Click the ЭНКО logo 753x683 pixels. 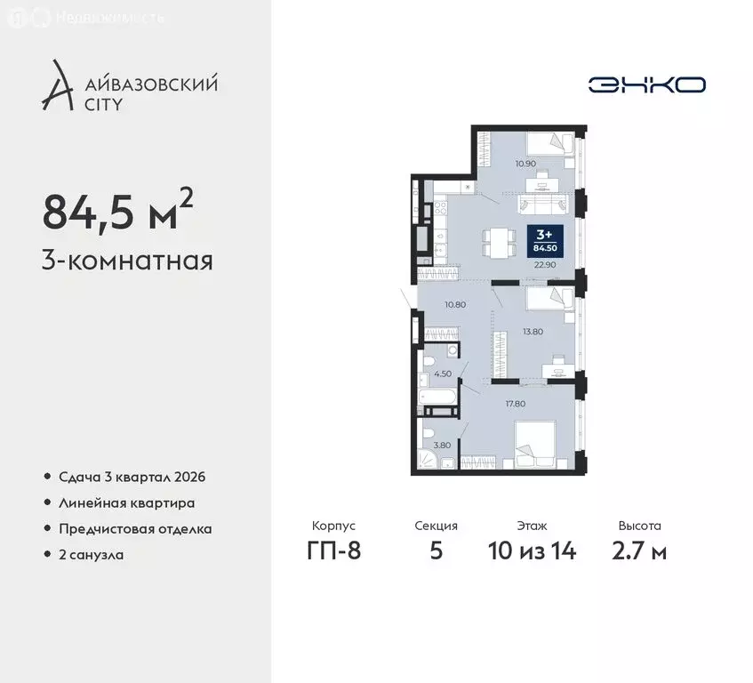(646, 84)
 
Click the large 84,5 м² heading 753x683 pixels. (116, 211)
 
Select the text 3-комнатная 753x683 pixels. (127, 261)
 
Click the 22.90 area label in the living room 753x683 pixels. (544, 264)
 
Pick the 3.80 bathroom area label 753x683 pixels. (441, 446)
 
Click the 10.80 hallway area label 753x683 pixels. (455, 304)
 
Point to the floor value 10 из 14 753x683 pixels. (532, 550)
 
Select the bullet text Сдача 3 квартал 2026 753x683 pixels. (132, 477)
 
